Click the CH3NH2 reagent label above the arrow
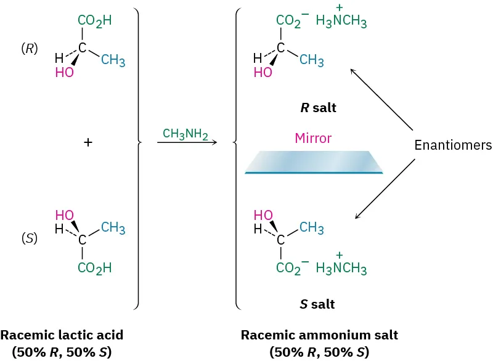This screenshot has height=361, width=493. point(185,133)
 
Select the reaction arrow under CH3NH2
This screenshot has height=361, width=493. point(187,143)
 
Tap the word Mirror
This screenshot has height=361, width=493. point(313,139)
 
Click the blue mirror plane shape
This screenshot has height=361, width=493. point(314,162)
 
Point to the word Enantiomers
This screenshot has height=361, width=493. point(453,145)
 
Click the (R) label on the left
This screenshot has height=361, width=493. point(29,50)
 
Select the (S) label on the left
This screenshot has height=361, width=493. point(29,238)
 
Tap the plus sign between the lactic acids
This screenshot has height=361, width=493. point(88,142)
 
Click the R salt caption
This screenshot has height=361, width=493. point(318,108)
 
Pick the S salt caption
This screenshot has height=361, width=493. point(318,304)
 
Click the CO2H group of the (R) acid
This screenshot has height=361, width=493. point(94,20)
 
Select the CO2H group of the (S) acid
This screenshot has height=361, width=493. point(94,269)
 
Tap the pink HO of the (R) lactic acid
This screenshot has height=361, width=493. point(64,73)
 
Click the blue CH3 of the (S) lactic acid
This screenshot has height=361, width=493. point(113,229)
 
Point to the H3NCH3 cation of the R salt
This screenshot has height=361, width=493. point(341,22)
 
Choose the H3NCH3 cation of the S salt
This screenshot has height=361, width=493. point(341,269)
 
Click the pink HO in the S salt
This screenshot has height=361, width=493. point(263,215)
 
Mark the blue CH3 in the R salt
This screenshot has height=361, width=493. point(312,60)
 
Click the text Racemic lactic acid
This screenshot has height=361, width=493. point(62,336)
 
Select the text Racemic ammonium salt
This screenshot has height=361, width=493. point(319,336)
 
